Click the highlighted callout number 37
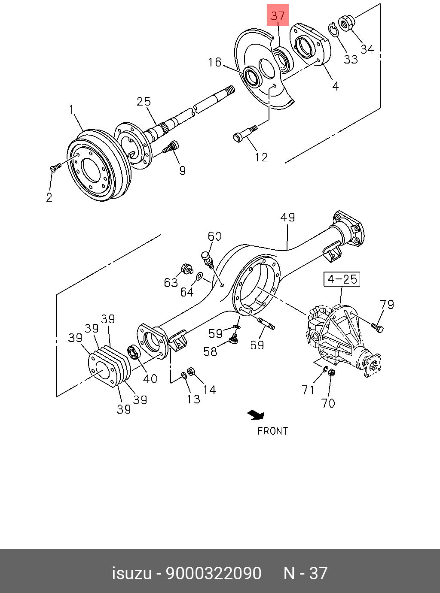pyautogui.click(x=278, y=17)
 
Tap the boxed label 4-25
pyautogui.click(x=342, y=279)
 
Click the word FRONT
pyautogui.click(x=272, y=431)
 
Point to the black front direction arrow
pyautogui.click(x=256, y=414)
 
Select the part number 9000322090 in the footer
pyautogui.click(x=214, y=573)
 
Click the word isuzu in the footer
pyautogui.click(x=131, y=573)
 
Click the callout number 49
pyautogui.click(x=287, y=217)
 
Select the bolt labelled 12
pyautogui.click(x=244, y=133)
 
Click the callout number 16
pyautogui.click(x=214, y=63)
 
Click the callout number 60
pyautogui.click(x=214, y=236)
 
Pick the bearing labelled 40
pyautogui.click(x=134, y=352)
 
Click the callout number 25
pyautogui.click(x=144, y=101)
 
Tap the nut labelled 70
pyautogui.click(x=331, y=373)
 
